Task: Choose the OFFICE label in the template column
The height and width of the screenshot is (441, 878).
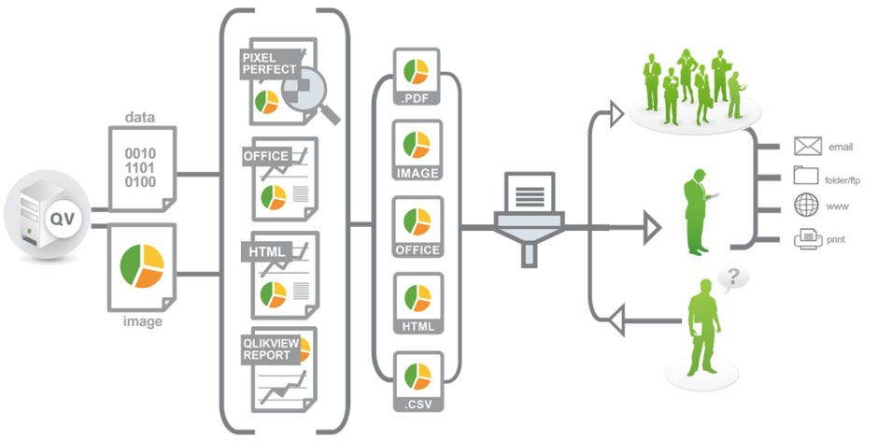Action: [266, 155]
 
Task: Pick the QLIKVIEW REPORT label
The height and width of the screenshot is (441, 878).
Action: [272, 349]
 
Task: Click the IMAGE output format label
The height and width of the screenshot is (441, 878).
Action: [418, 174]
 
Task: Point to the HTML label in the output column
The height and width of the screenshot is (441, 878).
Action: [418, 325]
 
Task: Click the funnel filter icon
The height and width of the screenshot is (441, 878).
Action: [529, 219]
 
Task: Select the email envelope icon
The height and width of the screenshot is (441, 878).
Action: [807, 147]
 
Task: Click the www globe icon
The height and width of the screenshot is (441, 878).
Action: [806, 206]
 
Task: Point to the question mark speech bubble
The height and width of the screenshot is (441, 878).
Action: [734, 277]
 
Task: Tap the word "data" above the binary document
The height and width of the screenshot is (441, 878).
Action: [140, 119]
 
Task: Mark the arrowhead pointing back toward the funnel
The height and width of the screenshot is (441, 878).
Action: [615, 321]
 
